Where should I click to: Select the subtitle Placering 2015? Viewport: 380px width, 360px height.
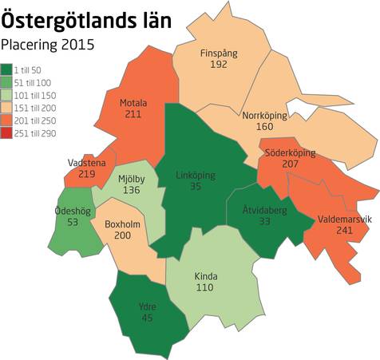point(48,45)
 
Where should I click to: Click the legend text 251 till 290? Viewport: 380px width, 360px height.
point(35,127)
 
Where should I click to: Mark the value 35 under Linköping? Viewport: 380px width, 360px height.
point(196,187)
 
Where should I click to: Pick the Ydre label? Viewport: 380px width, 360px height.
point(147,307)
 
